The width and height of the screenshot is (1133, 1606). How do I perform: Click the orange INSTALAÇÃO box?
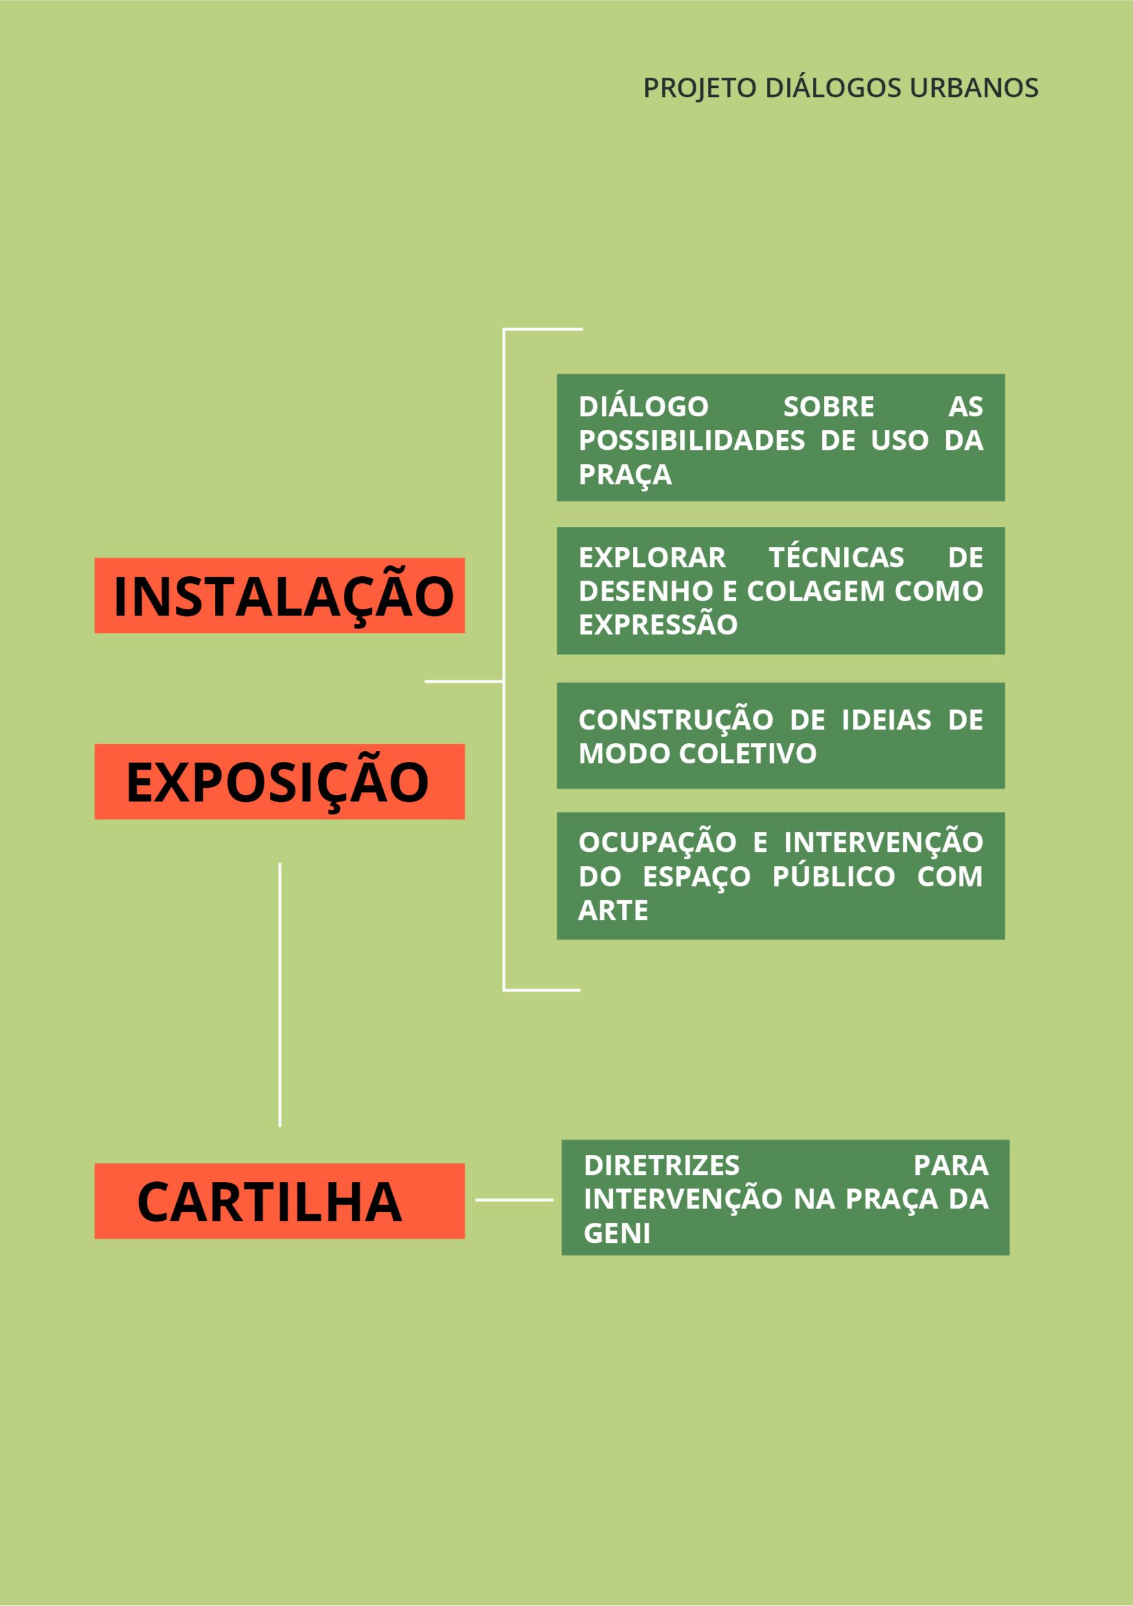279,596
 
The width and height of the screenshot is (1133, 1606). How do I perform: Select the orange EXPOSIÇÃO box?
279,781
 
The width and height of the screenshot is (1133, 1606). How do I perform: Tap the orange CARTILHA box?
279,1201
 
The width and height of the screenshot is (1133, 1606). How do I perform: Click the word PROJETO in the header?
700,89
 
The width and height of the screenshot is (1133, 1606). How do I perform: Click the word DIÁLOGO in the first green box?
643,407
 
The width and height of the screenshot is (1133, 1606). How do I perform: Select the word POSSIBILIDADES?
691,441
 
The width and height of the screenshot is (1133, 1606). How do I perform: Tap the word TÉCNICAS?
836,557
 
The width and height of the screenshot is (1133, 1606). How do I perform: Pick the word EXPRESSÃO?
658,625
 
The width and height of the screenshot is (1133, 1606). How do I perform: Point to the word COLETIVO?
747,753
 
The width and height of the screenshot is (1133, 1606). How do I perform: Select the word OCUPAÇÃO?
657,842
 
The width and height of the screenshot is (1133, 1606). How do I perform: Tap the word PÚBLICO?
834,876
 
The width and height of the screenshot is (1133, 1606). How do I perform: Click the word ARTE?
613,910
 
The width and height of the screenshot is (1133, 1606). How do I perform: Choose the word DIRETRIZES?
661,1165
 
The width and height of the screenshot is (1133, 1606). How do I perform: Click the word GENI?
617,1233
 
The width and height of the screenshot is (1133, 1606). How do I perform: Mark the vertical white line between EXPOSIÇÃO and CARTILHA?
280,994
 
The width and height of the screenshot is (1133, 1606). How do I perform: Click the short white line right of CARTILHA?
514,1200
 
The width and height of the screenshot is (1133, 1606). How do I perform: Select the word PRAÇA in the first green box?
625,474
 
